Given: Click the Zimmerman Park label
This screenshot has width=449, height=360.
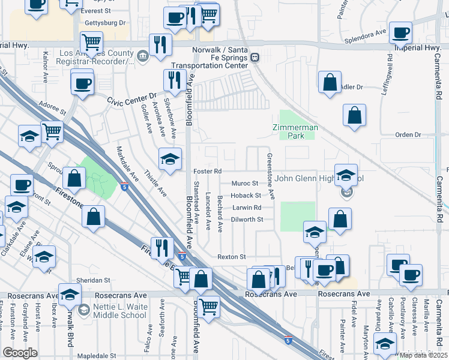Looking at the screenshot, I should click(295, 131).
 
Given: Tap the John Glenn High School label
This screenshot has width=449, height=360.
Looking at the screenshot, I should click(312, 178).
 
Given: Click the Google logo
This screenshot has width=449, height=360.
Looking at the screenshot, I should click(19, 352).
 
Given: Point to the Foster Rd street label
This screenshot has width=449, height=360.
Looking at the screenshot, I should click(208, 172).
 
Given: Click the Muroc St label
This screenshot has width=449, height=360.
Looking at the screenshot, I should click(245, 184).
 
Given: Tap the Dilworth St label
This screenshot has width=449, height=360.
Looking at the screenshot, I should click(247, 220).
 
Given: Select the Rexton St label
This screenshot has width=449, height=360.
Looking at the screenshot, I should click(232, 257).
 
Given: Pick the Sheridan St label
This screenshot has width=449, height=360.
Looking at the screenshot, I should click(94, 280).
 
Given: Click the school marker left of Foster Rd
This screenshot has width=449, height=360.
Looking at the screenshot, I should click(170, 160).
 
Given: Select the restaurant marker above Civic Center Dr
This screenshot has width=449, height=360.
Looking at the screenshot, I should click(174, 80).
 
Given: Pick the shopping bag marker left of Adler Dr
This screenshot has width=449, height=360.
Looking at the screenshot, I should click(330, 83).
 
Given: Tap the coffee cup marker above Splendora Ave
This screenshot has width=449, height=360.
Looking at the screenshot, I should click(400, 32).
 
